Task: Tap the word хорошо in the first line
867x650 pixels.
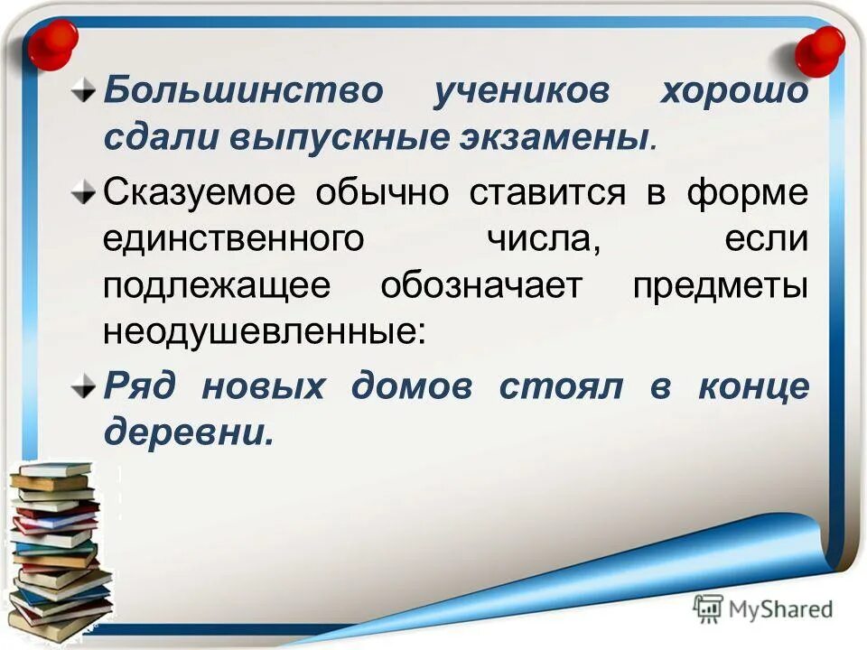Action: (x=733, y=92)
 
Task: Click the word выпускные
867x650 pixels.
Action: (x=342, y=139)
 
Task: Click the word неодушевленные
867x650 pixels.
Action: (x=262, y=332)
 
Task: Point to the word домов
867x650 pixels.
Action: (x=412, y=385)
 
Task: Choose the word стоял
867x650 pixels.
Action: (x=560, y=385)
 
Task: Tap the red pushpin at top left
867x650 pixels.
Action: (x=52, y=43)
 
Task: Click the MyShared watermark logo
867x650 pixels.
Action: (x=763, y=608)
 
